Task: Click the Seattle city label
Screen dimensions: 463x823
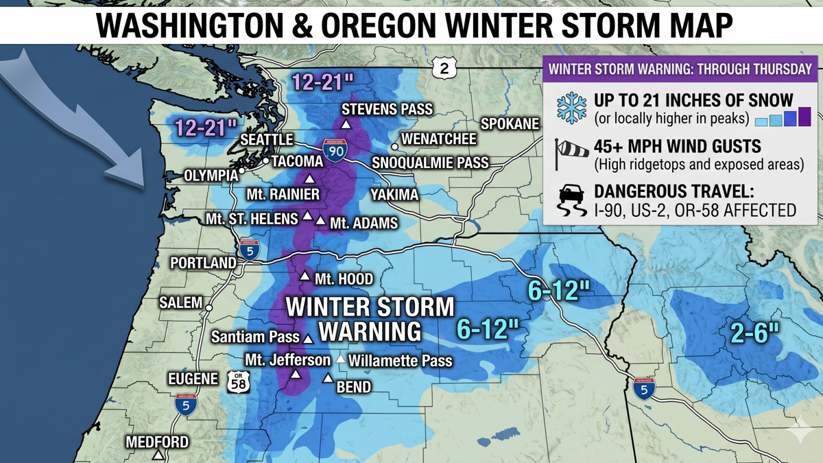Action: (266, 140)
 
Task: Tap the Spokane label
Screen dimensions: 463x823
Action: (510, 124)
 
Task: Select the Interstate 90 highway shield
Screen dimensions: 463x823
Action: (334, 150)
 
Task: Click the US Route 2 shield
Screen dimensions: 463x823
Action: (444, 68)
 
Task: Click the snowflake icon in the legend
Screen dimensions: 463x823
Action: (571, 108)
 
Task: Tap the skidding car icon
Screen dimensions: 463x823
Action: (571, 200)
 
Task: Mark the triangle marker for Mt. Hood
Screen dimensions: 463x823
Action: (305, 276)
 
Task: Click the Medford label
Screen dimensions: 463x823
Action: (157, 442)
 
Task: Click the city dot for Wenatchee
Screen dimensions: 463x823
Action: (394, 146)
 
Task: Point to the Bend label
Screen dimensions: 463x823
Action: (353, 387)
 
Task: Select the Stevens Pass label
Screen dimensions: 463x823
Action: (387, 109)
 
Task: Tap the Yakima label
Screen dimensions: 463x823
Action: (394, 195)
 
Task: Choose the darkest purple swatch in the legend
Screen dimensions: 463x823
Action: (804, 116)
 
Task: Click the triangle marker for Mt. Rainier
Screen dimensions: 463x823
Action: (309, 178)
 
